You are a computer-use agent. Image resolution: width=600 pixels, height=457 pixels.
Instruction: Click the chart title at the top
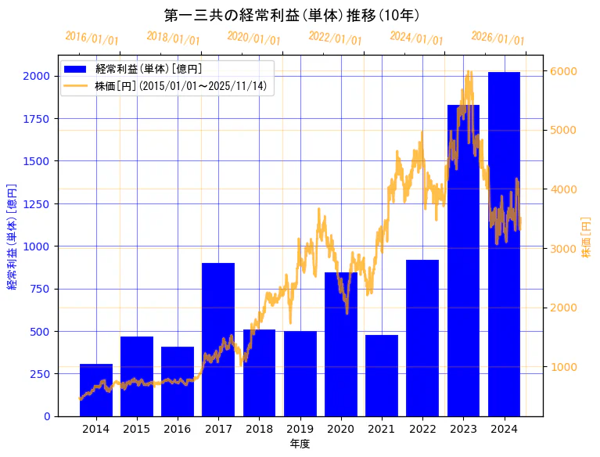click(x=292, y=15)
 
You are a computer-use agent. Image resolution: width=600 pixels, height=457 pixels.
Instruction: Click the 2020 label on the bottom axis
click(x=341, y=429)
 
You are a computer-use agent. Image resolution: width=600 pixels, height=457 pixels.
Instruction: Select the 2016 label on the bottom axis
click(x=178, y=429)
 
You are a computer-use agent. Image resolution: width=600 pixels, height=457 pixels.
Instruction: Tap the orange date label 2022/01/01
click(x=335, y=38)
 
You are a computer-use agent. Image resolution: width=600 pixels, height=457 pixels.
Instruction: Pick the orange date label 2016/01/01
click(x=92, y=38)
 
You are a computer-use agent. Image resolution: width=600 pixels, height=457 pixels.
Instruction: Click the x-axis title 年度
click(x=300, y=444)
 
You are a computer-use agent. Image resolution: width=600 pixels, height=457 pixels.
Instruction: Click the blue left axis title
click(x=12, y=236)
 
